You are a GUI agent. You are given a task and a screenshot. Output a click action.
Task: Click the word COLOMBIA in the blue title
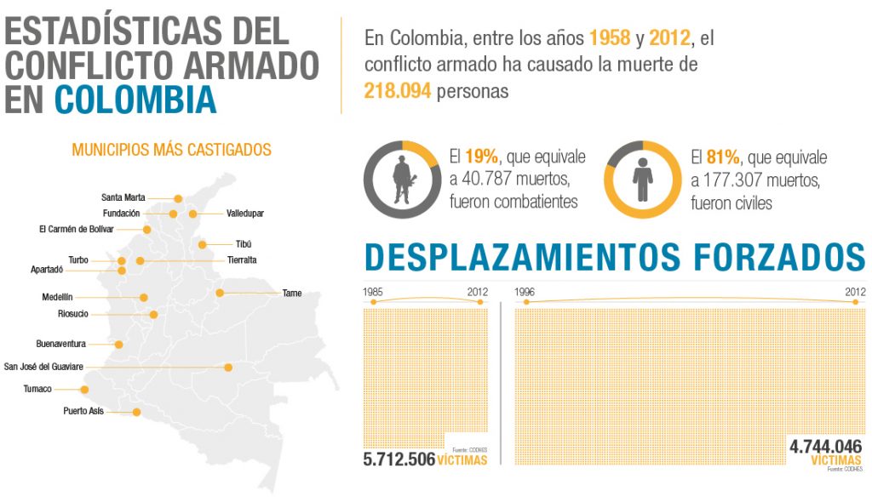pyautogui.click(x=135, y=99)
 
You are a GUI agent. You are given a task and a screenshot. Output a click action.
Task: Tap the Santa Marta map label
pyautogui.click(x=123, y=197)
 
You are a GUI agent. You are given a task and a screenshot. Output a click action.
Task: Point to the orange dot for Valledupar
pyautogui.click(x=193, y=214)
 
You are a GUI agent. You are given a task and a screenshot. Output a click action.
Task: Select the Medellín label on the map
pyautogui.click(x=57, y=297)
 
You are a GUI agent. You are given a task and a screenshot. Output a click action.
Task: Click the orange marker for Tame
pyautogui.click(x=219, y=293)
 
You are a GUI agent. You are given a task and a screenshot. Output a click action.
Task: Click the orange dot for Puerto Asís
pyautogui.click(x=135, y=412)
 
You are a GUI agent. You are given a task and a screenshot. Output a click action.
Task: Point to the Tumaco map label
pyautogui.click(x=37, y=389)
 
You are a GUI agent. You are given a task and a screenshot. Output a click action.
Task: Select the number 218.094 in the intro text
pyautogui.click(x=398, y=90)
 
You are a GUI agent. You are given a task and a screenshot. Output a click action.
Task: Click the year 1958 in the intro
pyautogui.click(x=610, y=38)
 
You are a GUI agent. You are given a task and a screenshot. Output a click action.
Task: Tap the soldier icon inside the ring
pyautogui.click(x=401, y=180)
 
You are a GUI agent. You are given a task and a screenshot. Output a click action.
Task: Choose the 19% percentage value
pyautogui.click(x=481, y=157)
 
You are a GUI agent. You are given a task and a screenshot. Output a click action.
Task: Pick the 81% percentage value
pyautogui.click(x=723, y=157)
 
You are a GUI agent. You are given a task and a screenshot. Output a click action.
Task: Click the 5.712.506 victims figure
pyautogui.click(x=399, y=459)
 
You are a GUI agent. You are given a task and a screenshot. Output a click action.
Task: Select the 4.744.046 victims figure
pyautogui.click(x=825, y=448)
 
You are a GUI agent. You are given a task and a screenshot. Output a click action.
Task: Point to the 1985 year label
pyautogui.click(x=372, y=292)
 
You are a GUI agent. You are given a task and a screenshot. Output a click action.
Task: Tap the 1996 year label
pyautogui.click(x=525, y=292)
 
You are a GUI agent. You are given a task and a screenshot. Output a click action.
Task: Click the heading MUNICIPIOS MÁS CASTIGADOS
pyautogui.click(x=171, y=150)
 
